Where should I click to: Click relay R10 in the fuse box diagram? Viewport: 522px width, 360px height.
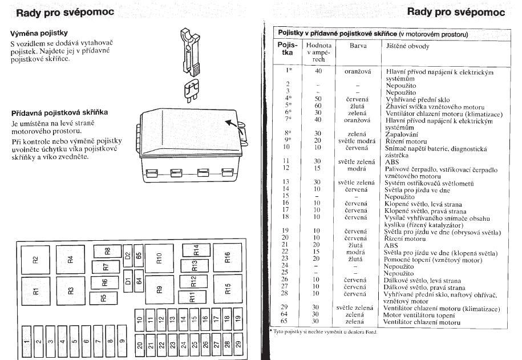point(159,258)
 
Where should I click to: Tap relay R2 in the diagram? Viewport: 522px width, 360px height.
point(35,260)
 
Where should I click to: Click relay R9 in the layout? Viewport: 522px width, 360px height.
point(159,289)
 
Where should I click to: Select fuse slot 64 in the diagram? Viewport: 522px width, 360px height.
point(139,281)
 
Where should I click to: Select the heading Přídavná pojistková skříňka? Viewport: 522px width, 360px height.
point(59,112)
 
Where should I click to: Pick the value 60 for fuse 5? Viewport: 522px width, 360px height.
point(317,106)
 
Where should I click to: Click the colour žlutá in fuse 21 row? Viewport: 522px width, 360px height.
point(355,245)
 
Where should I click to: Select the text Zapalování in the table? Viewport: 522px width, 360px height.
point(402,134)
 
